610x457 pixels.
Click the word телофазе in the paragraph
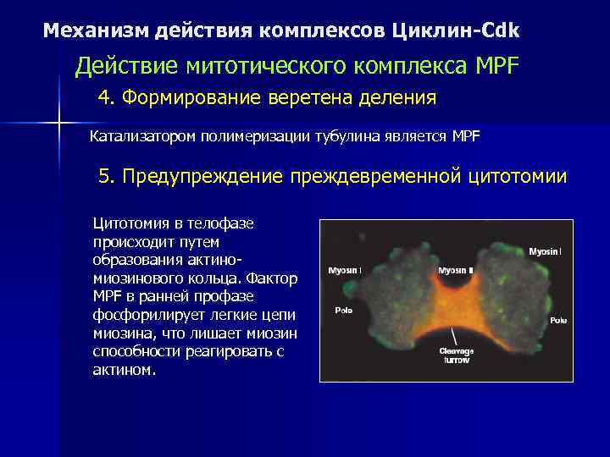click(213, 223)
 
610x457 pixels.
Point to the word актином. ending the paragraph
click(125, 372)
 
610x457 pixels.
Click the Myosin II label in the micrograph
click(457, 271)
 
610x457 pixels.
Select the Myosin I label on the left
click(344, 271)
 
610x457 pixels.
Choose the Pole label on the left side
click(344, 310)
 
